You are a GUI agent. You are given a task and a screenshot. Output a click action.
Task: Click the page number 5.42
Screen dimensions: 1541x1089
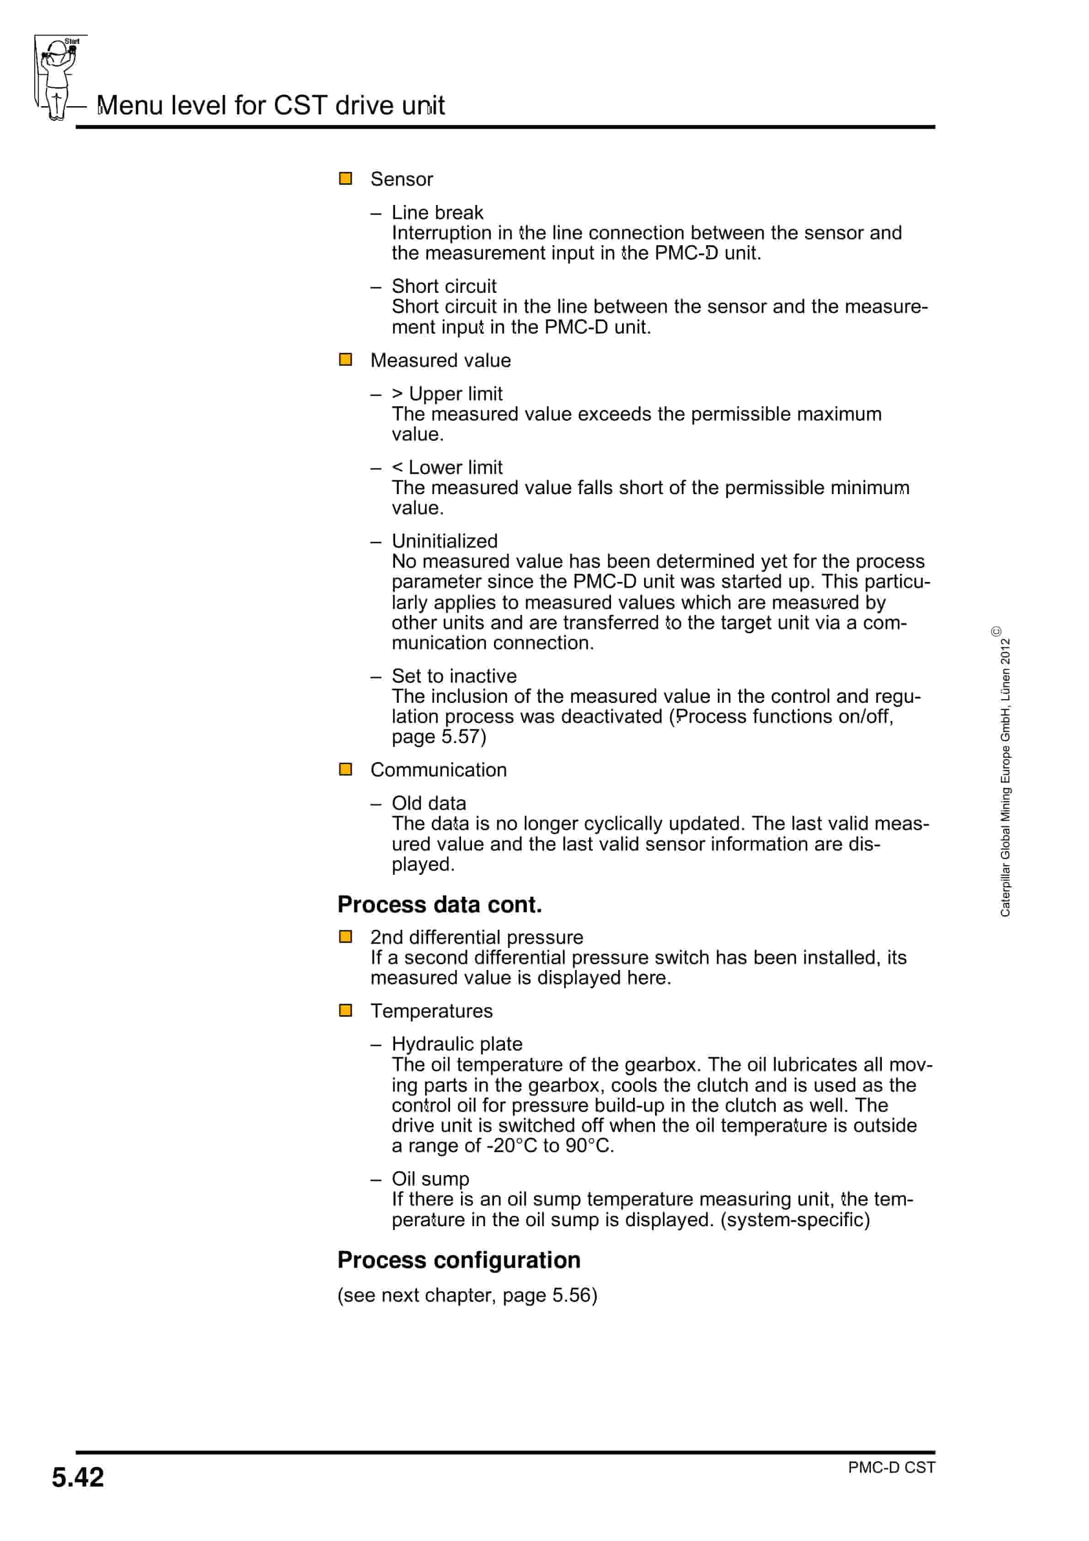78,1477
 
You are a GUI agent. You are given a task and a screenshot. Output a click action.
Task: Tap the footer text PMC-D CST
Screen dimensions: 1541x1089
891,1467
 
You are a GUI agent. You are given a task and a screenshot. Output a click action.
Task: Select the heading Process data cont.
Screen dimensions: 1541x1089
440,904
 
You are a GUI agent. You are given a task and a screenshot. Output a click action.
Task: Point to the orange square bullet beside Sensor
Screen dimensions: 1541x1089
346,178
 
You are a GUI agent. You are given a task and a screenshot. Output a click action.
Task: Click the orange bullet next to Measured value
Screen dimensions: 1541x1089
346,360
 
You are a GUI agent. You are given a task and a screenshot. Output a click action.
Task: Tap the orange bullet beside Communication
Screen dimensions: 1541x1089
346,769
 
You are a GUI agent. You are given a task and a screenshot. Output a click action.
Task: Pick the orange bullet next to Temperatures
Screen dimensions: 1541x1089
346,1010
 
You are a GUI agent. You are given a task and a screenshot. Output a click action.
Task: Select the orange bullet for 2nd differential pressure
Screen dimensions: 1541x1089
346,936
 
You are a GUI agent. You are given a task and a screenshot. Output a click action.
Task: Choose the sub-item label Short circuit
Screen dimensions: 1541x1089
444,286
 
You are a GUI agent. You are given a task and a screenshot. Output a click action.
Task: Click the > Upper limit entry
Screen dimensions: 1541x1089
447,393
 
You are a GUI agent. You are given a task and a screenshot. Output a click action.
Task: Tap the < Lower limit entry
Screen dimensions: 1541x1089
447,467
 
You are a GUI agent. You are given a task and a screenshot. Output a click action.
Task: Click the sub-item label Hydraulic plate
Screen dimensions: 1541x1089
456,1044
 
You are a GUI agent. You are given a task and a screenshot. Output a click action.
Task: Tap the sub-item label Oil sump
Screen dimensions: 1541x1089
430,1179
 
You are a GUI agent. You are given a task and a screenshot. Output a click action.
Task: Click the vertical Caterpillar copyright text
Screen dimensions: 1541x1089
1004,772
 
